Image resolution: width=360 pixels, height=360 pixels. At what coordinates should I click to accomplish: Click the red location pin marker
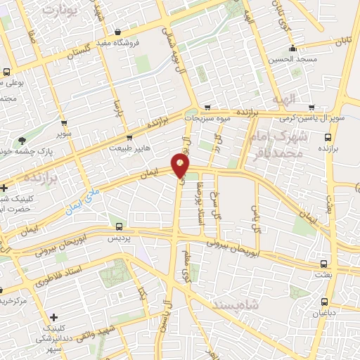(x=181, y=166)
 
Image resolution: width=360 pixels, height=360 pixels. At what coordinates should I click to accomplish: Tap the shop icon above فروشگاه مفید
(x=117, y=32)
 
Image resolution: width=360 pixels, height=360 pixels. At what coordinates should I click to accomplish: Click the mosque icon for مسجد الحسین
(x=293, y=49)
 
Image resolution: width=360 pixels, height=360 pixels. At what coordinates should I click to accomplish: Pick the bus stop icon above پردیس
(x=119, y=227)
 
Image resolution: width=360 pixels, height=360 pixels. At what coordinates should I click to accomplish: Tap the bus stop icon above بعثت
(x=323, y=264)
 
